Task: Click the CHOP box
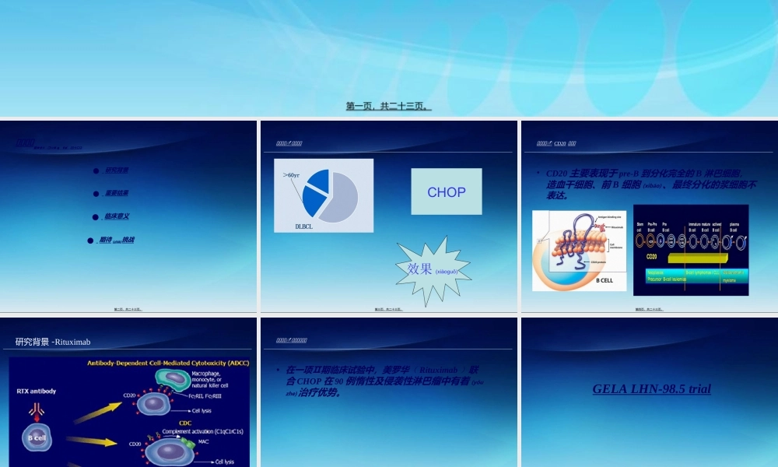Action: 447,191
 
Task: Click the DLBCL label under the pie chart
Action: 303,226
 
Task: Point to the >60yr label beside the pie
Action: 292,175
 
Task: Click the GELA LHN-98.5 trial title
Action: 651,388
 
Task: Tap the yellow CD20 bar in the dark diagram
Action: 685,257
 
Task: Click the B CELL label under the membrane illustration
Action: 604,280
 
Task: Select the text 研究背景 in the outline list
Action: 117,170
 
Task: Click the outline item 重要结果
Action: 117,193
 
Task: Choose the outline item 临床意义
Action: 117,216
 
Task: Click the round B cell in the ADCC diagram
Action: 37,437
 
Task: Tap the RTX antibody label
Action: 37,391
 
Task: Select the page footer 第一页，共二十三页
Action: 388,106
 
